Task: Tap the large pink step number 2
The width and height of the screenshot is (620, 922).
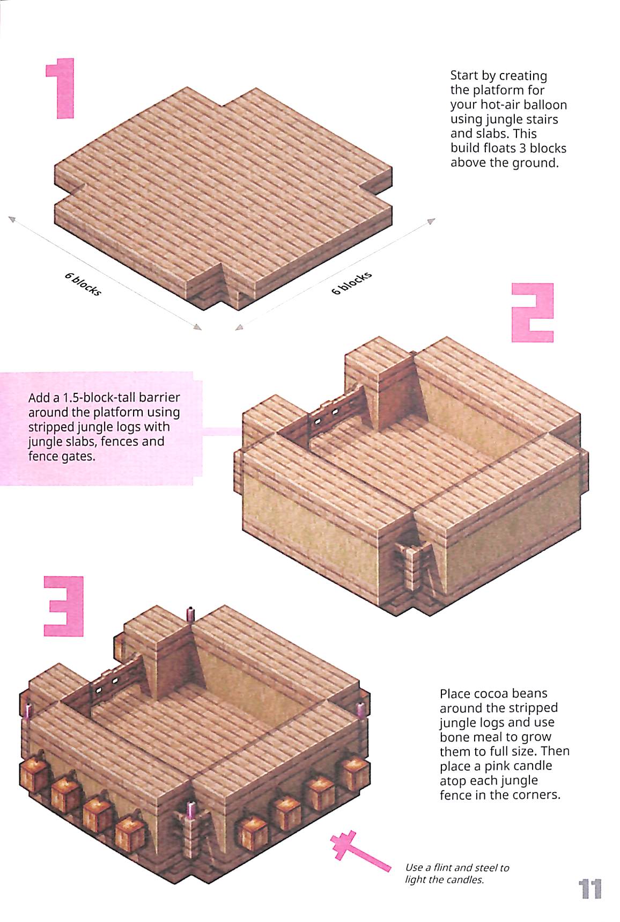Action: pyautogui.click(x=532, y=312)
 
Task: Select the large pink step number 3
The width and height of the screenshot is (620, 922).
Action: pyautogui.click(x=64, y=606)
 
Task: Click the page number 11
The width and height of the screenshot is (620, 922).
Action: pyautogui.click(x=589, y=889)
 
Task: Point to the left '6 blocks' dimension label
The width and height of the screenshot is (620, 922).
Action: pyautogui.click(x=83, y=284)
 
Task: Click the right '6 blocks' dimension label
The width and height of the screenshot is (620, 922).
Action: pyautogui.click(x=352, y=283)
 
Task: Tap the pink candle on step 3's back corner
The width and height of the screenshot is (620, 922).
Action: pyautogui.click(x=190, y=614)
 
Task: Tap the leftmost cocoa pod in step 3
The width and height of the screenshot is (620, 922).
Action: pyautogui.click(x=31, y=775)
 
